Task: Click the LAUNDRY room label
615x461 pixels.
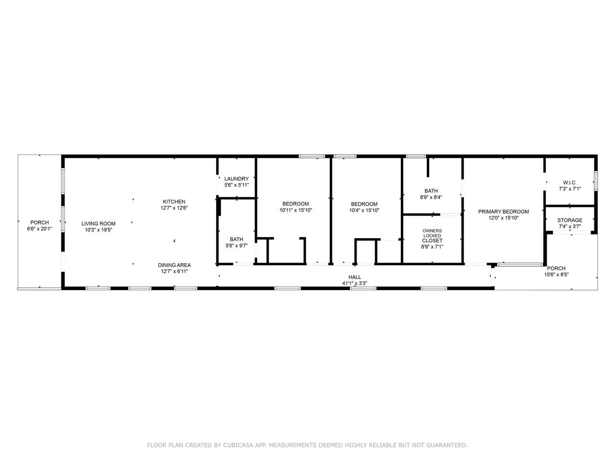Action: (236, 179)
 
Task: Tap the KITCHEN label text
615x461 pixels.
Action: (174, 202)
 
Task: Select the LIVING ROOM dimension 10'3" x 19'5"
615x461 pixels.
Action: (98, 230)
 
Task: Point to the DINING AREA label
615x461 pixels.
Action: (174, 265)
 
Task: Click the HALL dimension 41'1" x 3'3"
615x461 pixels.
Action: (355, 283)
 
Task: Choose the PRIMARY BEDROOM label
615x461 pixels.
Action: (504, 212)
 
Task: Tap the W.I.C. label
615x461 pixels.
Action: (570, 182)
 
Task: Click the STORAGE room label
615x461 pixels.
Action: (570, 220)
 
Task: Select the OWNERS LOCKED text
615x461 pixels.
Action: (432, 233)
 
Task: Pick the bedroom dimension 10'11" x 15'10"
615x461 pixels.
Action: (295, 210)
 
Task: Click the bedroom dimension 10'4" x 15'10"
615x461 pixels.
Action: (364, 210)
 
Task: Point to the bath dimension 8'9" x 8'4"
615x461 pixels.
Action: (431, 197)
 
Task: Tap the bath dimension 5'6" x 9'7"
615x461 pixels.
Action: (236, 246)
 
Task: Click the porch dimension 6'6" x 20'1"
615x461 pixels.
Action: (39, 229)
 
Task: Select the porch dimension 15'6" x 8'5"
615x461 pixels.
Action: (556, 275)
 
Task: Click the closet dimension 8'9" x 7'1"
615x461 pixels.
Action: (432, 247)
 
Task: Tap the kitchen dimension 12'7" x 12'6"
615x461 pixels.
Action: (174, 208)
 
